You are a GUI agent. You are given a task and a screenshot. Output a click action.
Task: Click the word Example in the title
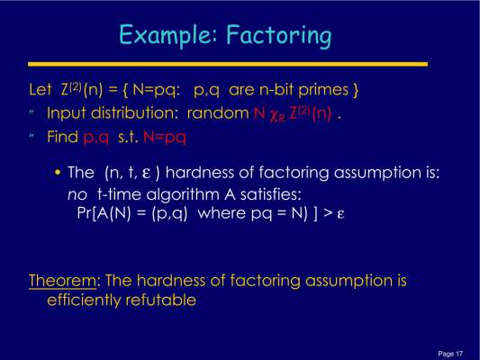pyautogui.click(x=166, y=35)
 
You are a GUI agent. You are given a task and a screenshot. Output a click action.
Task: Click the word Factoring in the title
pyautogui.click(x=279, y=36)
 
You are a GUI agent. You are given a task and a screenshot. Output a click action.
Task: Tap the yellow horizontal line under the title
pyautogui.click(x=228, y=64)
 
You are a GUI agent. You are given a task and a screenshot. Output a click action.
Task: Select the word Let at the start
pyautogui.click(x=41, y=90)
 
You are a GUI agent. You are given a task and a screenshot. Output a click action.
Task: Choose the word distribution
pyautogui.click(x=134, y=113)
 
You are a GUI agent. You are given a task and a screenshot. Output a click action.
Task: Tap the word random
pyautogui.click(x=218, y=113)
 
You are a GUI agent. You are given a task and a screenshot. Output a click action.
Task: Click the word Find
pyautogui.click(x=62, y=137)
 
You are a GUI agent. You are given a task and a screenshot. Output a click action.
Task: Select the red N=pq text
pyautogui.click(x=165, y=138)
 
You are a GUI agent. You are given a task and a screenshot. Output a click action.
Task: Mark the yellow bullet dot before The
pyautogui.click(x=58, y=173)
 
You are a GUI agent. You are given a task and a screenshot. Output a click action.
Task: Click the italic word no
pyautogui.click(x=77, y=195)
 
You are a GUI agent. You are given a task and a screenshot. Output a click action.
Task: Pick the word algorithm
pyautogui.click(x=183, y=194)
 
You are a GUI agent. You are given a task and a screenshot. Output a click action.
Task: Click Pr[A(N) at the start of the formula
pyautogui.click(x=104, y=213)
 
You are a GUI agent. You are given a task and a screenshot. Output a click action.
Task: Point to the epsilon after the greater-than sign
pyautogui.click(x=340, y=214)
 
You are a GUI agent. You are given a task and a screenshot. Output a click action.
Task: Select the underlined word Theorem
pyautogui.click(x=62, y=281)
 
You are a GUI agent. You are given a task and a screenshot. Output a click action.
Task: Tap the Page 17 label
pyautogui.click(x=450, y=354)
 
